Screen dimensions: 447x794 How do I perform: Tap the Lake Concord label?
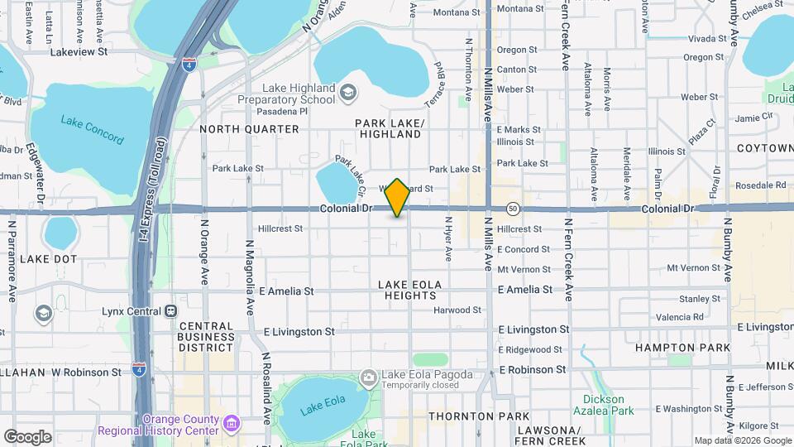(92, 128)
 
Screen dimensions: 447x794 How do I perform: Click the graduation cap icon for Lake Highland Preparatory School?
(348, 92)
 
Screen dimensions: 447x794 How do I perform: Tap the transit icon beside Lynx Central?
(171, 310)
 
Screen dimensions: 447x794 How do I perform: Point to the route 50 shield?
(513, 208)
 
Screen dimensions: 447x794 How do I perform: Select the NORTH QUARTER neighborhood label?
(249, 129)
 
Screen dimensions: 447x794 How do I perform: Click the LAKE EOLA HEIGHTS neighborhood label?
(410, 291)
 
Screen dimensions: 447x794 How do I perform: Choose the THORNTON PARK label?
(479, 416)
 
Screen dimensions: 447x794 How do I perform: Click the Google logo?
(26, 436)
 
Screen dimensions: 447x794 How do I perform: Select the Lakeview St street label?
(79, 51)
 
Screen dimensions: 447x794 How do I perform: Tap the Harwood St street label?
(457, 310)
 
